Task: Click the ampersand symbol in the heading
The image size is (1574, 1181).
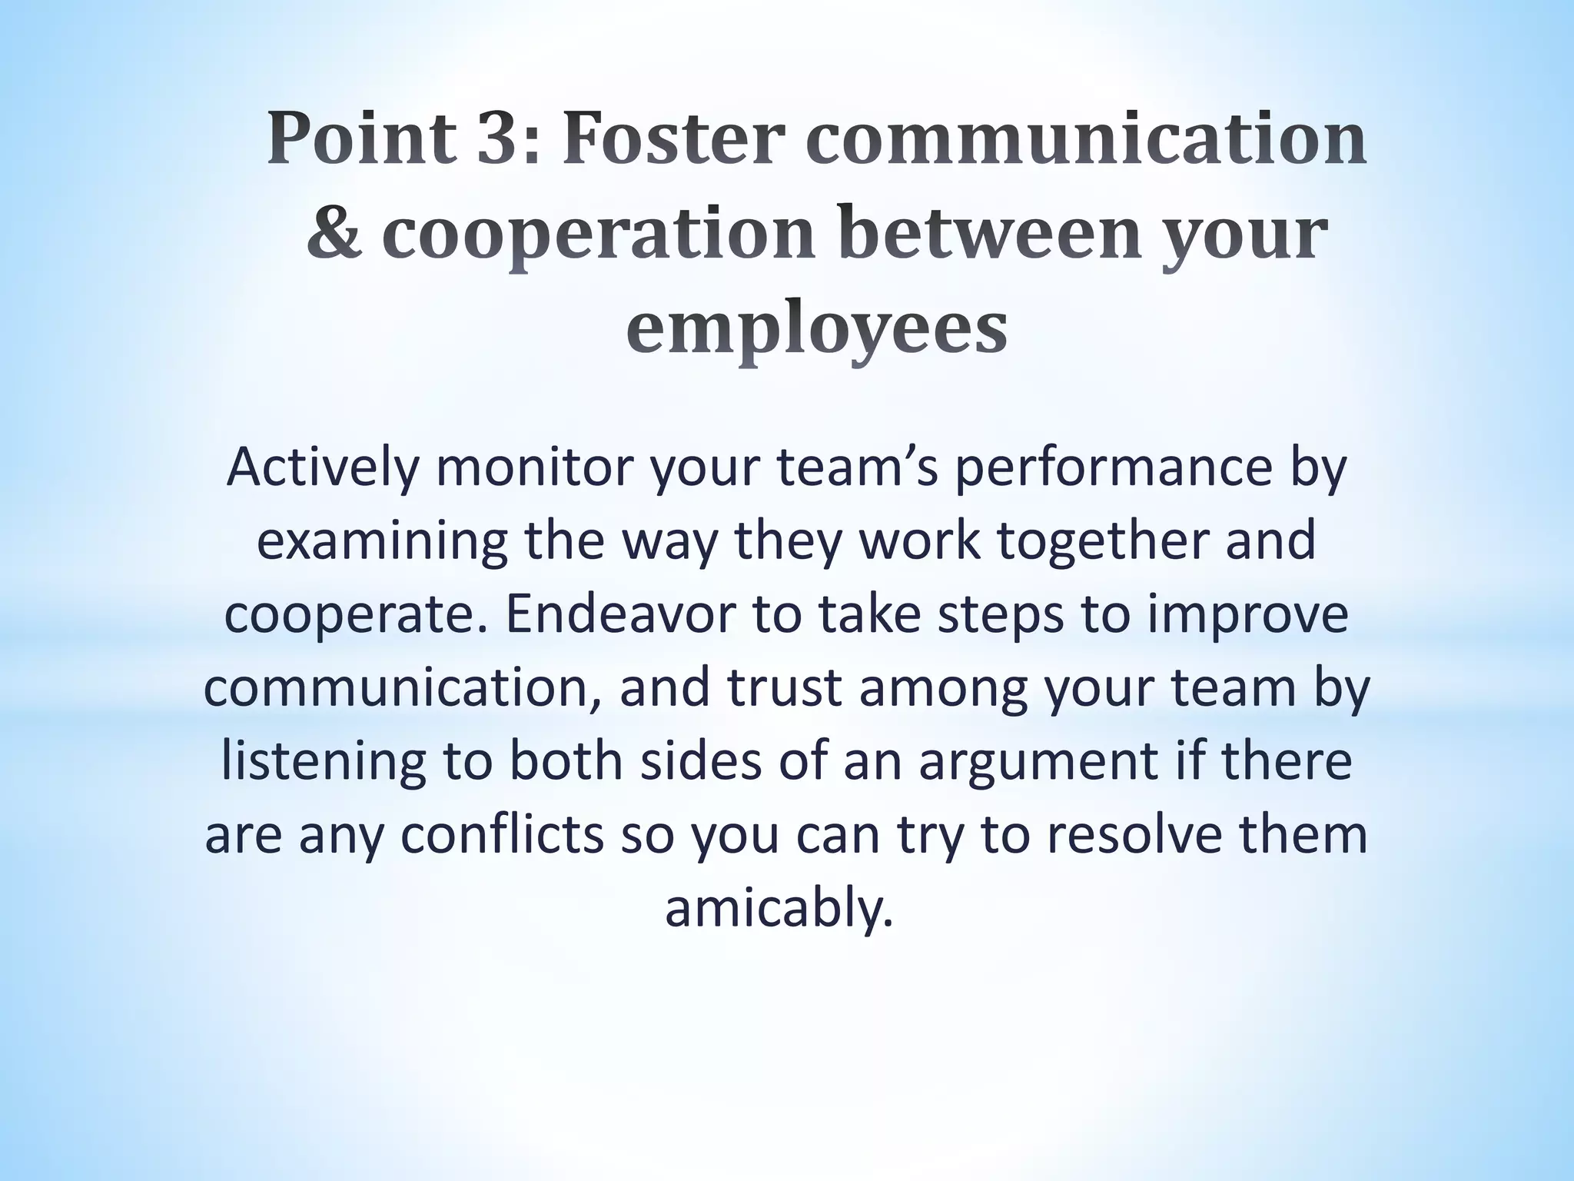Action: (334, 233)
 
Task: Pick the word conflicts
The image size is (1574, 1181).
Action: (503, 835)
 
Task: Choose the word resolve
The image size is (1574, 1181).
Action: (1133, 835)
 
